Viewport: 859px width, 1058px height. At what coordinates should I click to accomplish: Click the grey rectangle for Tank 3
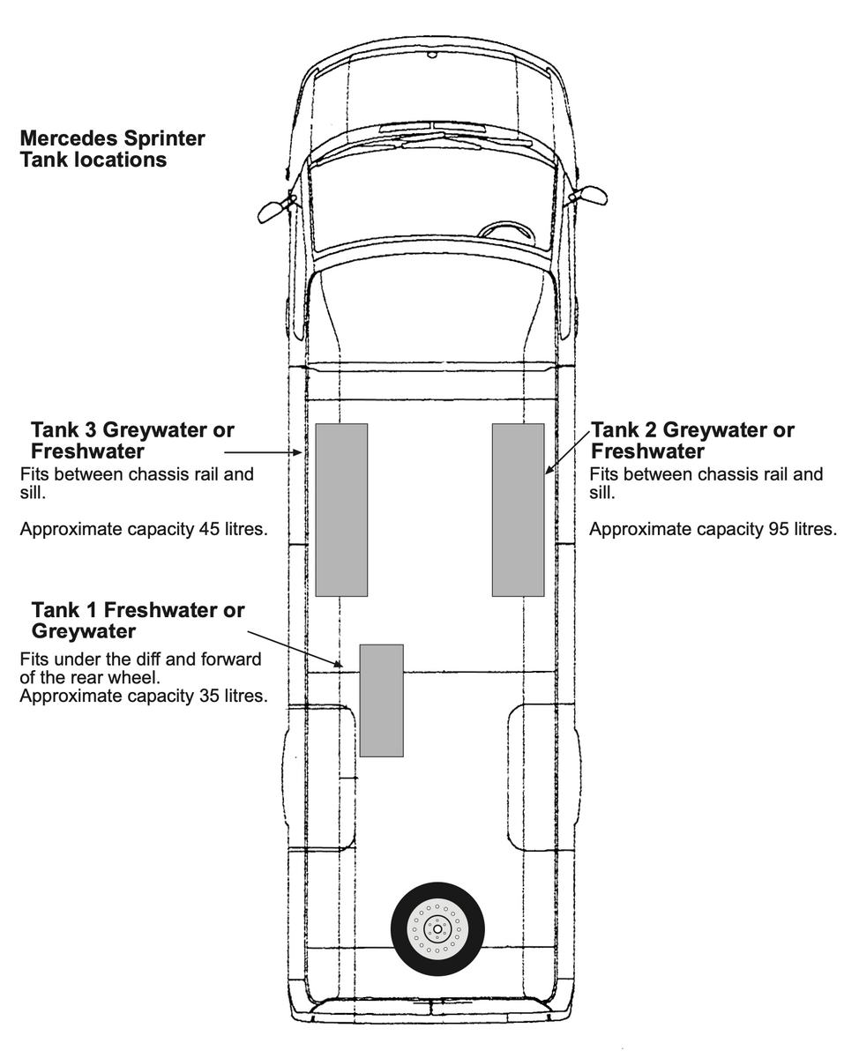tap(341, 510)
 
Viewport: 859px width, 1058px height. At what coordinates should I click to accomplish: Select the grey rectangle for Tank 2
tap(518, 510)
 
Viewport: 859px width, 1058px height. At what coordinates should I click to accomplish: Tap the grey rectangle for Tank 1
tap(381, 700)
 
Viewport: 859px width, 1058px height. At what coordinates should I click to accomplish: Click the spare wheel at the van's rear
tap(437, 928)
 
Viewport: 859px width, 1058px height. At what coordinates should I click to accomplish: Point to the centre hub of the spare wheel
tap(437, 928)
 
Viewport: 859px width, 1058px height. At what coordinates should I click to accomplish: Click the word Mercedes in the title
tap(67, 139)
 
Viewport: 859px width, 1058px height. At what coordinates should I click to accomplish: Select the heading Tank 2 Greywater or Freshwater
tap(692, 440)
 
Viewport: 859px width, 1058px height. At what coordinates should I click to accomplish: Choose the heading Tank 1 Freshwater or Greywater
tap(138, 620)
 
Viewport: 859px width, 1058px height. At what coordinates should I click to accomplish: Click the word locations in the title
tap(120, 160)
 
